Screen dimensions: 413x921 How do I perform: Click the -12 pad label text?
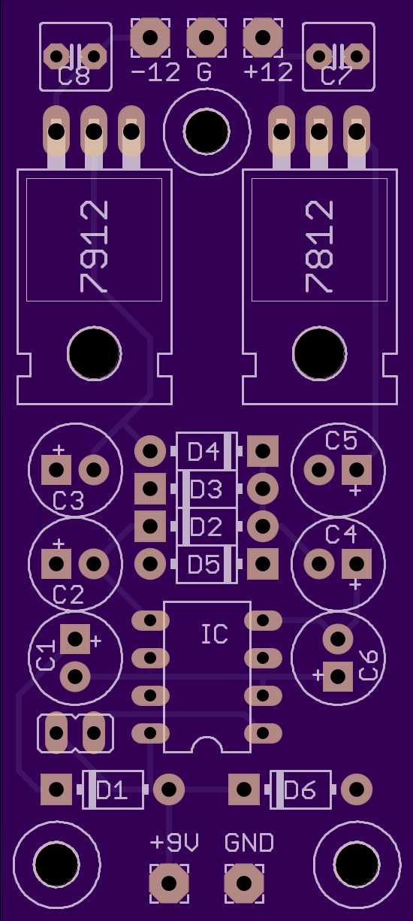tap(155, 73)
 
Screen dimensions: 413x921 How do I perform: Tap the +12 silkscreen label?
tap(268, 73)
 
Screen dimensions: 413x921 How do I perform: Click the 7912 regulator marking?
tap(94, 247)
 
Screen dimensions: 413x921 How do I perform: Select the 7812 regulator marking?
tap(319, 247)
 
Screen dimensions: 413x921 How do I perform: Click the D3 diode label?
tap(206, 489)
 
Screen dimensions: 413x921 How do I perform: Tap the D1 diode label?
tap(112, 790)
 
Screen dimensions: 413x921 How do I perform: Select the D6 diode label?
tap(300, 790)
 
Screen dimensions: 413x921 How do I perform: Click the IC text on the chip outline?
tap(215, 634)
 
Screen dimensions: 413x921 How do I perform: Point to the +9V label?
tap(174, 842)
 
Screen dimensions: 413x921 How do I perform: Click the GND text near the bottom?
tap(249, 842)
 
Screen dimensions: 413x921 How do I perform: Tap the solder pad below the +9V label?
tap(169, 883)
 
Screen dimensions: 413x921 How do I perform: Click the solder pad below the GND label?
tap(244, 883)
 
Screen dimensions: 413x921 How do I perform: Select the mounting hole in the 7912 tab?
tap(94, 353)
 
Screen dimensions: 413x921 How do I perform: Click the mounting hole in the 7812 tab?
tap(319, 353)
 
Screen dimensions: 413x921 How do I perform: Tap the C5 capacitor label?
tap(341, 441)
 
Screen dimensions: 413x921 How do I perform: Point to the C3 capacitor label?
tap(68, 501)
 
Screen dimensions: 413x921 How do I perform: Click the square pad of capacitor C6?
tap(338, 677)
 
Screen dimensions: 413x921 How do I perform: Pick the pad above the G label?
tap(206, 38)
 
